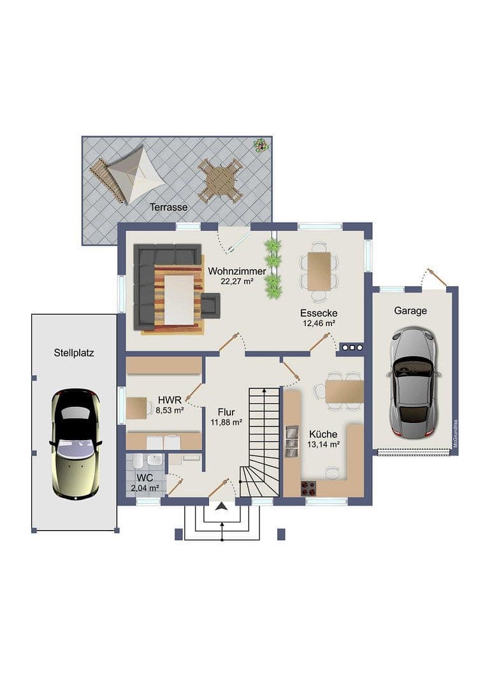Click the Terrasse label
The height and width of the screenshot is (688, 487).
[168, 207]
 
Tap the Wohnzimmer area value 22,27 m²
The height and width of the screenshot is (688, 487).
[236, 281]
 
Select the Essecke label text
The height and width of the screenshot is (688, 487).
[319, 313]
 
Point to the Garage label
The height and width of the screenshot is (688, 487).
[411, 311]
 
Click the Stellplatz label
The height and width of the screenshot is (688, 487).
[74, 352]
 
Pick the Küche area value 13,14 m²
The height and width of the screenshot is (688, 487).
[323, 445]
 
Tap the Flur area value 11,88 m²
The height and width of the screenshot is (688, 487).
[226, 422]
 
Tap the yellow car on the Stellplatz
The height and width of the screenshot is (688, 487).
[75, 443]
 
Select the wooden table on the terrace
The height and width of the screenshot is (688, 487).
[220, 180]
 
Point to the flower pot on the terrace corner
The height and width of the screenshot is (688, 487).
[260, 145]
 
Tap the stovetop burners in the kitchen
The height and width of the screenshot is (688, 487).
[309, 489]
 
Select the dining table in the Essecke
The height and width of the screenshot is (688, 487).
[319, 271]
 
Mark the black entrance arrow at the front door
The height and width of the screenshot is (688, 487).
[221, 507]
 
